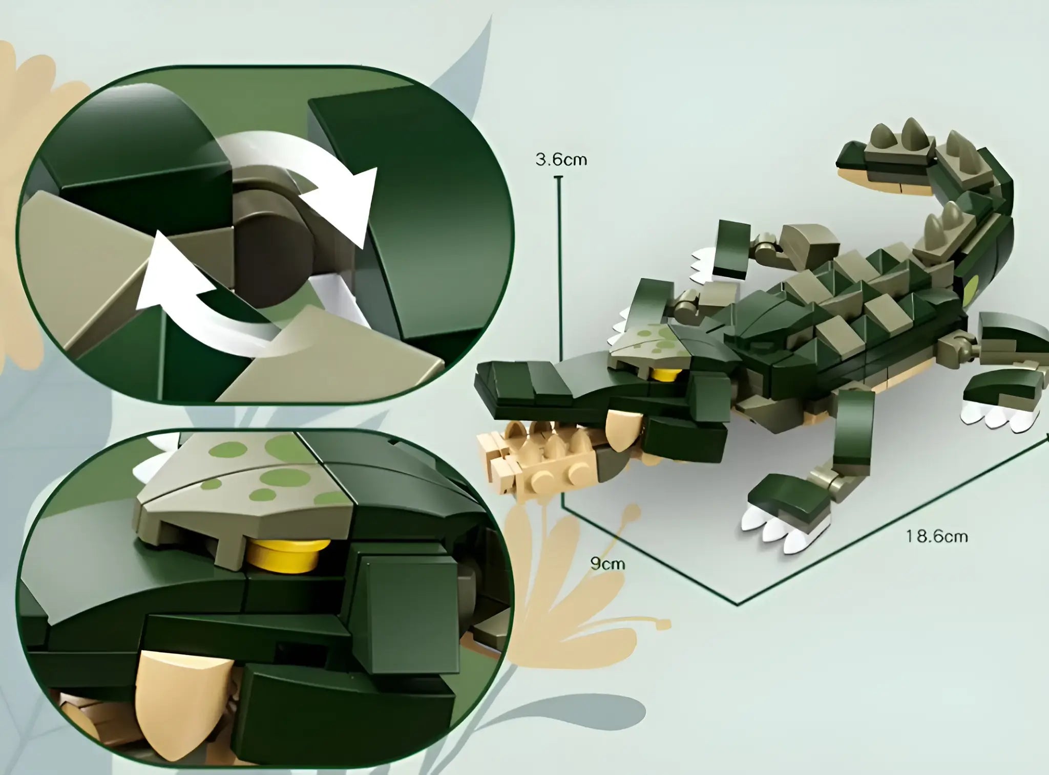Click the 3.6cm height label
(561, 160)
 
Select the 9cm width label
(607, 564)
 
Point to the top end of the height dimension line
(559, 177)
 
